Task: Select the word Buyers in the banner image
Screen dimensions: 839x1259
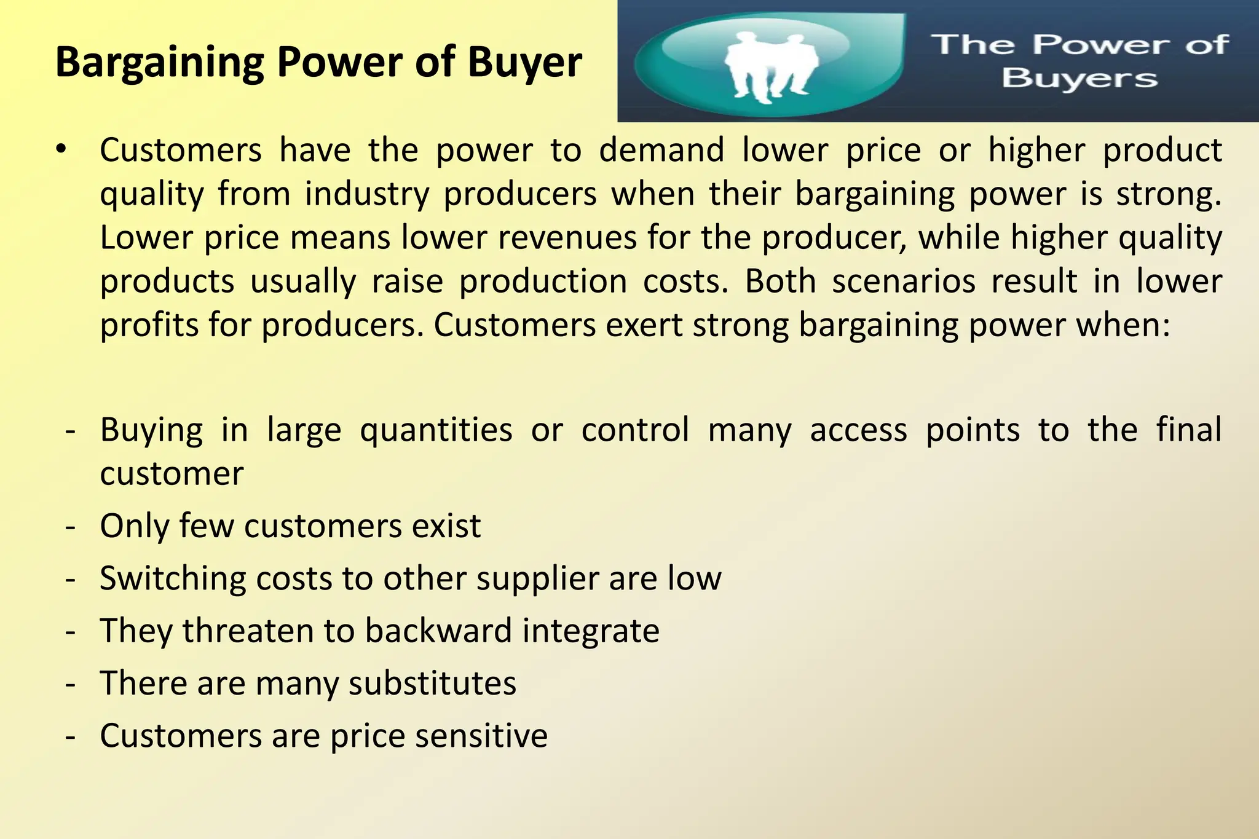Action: point(1079,79)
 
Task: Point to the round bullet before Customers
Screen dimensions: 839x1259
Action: point(60,149)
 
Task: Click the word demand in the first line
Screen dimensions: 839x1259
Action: point(661,151)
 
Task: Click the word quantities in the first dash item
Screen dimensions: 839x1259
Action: point(436,430)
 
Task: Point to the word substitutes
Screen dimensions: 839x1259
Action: point(432,683)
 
